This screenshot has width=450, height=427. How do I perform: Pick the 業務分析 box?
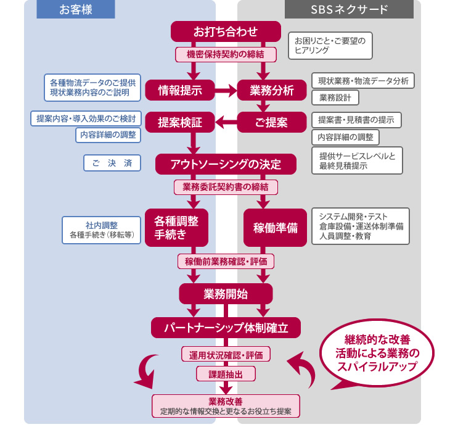[x=271, y=90]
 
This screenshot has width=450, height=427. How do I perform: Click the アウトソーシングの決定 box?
[x=226, y=164]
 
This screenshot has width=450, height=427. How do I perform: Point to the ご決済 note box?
[x=112, y=163]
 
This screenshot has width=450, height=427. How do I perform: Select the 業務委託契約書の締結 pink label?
[x=226, y=186]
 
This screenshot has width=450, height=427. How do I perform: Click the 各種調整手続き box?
[x=176, y=227]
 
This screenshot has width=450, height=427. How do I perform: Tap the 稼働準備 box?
[x=275, y=227]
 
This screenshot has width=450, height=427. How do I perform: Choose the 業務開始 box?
[x=226, y=293]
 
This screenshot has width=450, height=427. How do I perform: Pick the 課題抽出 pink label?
[x=226, y=373]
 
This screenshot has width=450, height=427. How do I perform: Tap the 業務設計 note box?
[x=335, y=97]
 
